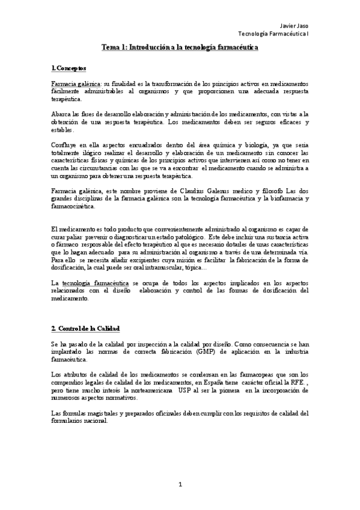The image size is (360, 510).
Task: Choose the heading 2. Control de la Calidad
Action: pos(86,328)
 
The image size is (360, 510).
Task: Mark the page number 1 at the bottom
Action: pos(180,484)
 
